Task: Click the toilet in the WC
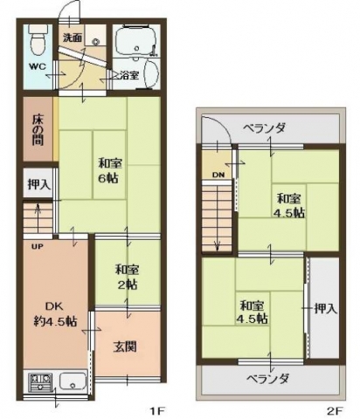[x=38, y=39]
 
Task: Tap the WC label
[x=38, y=66]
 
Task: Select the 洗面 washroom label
[x=73, y=38]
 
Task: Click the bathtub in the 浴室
[x=136, y=40]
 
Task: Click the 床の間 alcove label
[x=38, y=130]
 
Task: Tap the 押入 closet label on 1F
[x=39, y=184]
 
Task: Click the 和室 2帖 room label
[x=127, y=277]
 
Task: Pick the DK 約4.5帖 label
[x=55, y=314]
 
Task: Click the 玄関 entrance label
[x=125, y=347]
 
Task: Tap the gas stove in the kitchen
[x=40, y=382]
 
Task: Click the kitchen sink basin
[x=73, y=382]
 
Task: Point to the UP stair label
[x=38, y=247]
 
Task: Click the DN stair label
[x=218, y=175]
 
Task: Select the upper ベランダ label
[x=264, y=128]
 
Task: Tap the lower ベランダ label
[x=268, y=379]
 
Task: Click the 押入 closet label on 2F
[x=326, y=308]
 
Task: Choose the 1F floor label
[x=157, y=411]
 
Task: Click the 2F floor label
[x=334, y=411]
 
